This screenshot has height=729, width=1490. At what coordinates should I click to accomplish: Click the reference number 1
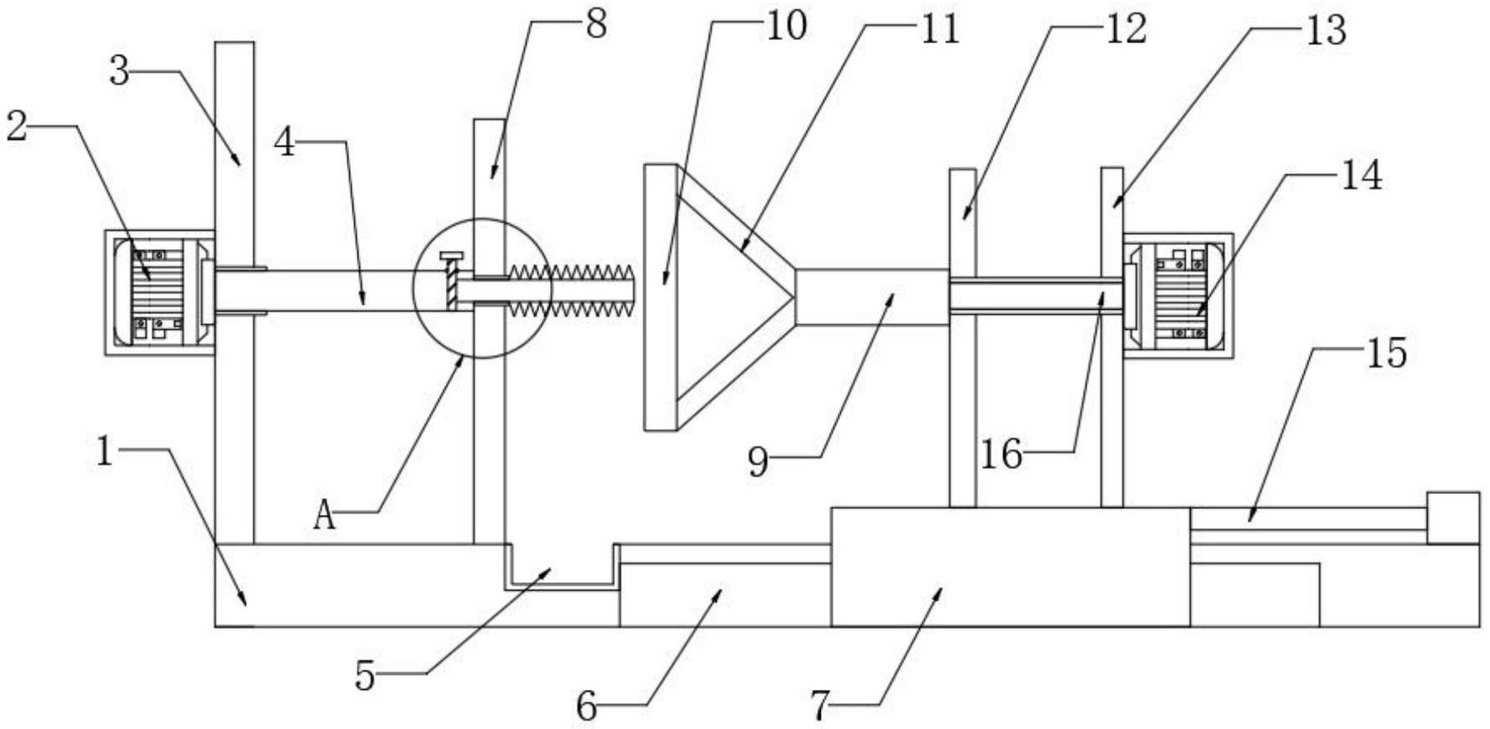point(104,453)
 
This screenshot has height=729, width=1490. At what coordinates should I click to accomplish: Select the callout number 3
point(121,72)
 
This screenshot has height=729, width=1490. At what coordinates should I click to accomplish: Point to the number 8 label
point(596,24)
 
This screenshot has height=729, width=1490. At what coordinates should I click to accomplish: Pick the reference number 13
point(1326,31)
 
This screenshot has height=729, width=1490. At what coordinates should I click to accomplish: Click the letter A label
point(325,517)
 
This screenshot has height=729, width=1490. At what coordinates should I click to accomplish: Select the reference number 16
point(1001,455)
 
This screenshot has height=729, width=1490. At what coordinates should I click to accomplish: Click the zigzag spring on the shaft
point(572,291)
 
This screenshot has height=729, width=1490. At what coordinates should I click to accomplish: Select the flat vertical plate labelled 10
point(659,297)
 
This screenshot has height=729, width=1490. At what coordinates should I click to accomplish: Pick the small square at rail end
point(1454,517)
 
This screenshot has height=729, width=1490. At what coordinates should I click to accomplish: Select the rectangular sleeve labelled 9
point(872,297)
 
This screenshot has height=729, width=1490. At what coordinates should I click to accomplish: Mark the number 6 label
point(587,707)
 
